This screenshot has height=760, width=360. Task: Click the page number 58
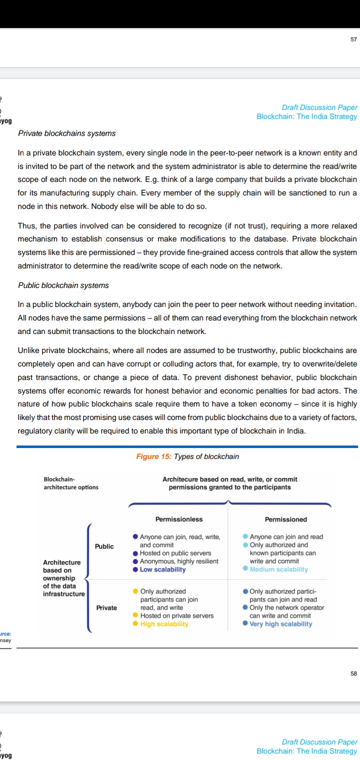coord(353,673)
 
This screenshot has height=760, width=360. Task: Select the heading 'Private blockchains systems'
coord(66,133)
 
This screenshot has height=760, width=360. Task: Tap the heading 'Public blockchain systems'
coord(63,285)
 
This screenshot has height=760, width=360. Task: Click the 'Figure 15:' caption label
coord(154,456)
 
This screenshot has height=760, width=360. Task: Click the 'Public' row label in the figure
coord(104,546)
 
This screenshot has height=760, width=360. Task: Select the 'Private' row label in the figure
coord(106,608)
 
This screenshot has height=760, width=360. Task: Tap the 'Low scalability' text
coord(162,569)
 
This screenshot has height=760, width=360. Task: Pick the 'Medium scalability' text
coord(278,569)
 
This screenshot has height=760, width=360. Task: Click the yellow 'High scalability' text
coord(164,624)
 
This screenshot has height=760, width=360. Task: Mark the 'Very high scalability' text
coord(280,624)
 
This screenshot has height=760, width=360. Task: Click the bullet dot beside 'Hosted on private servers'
coord(135,616)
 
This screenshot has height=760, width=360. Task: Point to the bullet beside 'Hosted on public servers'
coord(135,553)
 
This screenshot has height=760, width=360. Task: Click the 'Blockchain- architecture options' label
coord(71,483)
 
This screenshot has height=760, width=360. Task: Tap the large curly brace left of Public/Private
coord(89,577)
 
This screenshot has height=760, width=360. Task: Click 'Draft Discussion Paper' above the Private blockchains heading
coord(319,107)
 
